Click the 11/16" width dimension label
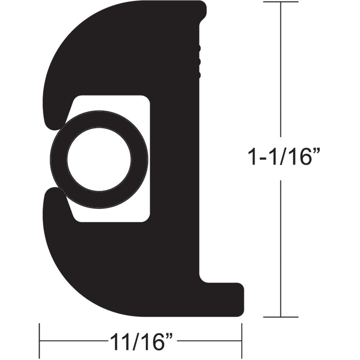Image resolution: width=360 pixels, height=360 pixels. [142, 341]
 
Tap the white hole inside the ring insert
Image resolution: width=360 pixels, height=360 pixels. [99, 159]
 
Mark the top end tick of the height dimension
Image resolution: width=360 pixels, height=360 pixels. [281, 2]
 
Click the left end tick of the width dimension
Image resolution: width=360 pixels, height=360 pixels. [40, 340]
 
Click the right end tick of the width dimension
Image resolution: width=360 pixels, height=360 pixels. [242, 340]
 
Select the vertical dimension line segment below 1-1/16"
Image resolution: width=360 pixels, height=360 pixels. [281, 247]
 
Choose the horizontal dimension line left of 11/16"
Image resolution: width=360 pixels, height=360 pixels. [72, 341]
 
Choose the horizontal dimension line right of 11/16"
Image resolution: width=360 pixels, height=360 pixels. [209, 341]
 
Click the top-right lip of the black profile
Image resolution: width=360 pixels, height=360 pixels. [200, 11]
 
